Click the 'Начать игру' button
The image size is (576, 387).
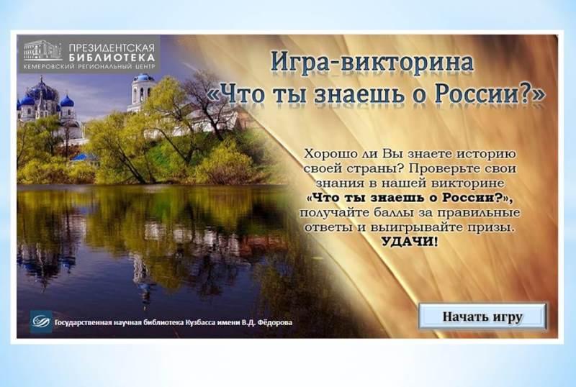click(x=482, y=316)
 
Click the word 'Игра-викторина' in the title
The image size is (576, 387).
click(x=372, y=63)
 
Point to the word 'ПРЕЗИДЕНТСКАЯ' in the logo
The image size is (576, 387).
click(x=112, y=47)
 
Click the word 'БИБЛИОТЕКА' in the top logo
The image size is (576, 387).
click(x=112, y=58)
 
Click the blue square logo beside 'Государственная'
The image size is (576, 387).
click(x=41, y=322)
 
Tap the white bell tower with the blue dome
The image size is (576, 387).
click(x=141, y=92)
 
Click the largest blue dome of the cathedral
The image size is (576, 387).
click(x=41, y=91)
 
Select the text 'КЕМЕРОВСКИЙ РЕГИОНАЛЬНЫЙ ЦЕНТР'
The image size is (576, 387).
click(x=89, y=66)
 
